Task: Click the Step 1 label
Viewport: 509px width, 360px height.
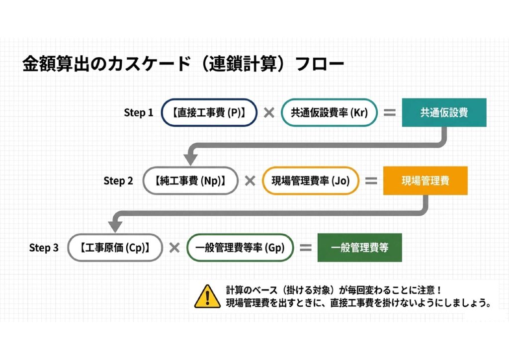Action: (138, 113)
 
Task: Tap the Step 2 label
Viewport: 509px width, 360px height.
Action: (118, 181)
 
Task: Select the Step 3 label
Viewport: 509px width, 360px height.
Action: (44, 248)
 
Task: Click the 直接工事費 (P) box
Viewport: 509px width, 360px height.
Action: (209, 113)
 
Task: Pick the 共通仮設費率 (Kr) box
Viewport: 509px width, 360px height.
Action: (329, 113)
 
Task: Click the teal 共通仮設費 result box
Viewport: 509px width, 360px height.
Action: (444, 113)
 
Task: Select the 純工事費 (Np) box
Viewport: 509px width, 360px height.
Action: (190, 181)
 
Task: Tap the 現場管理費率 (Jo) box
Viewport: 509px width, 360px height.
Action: (311, 181)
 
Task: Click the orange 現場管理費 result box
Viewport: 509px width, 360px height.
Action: (425, 181)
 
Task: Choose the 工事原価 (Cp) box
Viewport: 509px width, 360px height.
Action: (115, 248)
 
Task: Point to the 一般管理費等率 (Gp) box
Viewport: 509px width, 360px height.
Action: (240, 248)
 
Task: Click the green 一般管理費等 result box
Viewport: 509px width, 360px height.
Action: (360, 248)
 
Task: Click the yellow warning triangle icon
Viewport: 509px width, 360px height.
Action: (207, 297)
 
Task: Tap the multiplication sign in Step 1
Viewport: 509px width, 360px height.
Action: (269, 113)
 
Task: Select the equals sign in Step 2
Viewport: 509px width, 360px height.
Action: (371, 181)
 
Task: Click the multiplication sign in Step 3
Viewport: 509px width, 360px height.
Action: (174, 248)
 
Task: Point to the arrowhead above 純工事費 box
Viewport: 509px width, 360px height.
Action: (190, 160)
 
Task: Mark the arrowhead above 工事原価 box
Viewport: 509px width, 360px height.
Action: (115, 227)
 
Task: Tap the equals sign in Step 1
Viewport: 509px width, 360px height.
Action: (390, 113)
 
